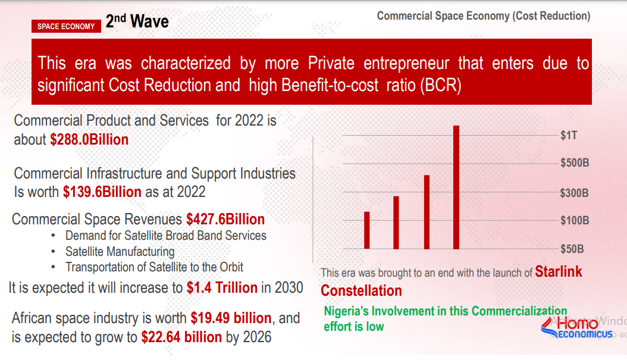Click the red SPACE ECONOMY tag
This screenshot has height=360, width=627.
tap(66, 26)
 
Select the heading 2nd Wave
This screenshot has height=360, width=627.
tap(137, 22)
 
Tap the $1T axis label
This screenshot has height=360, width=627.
tap(569, 136)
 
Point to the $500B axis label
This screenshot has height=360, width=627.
tap(574, 163)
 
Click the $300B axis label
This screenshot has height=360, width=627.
tap(574, 193)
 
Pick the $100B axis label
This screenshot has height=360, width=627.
tap(574, 221)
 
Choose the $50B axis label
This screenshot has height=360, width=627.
tap(572, 248)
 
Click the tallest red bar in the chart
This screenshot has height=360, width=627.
tap(456, 187)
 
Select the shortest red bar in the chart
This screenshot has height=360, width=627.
tap(367, 230)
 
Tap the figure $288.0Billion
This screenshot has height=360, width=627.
tap(89, 140)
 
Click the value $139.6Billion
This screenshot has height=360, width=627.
tap(102, 192)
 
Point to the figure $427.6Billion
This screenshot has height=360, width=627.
tap(225, 219)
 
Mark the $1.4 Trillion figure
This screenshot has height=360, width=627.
tap(222, 288)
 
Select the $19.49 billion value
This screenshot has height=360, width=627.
tap(231, 318)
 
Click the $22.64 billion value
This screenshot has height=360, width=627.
tap(181, 337)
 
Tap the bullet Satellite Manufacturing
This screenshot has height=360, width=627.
tap(120, 252)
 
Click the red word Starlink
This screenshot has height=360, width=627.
tap(559, 272)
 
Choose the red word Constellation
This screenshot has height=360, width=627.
tap(361, 291)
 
